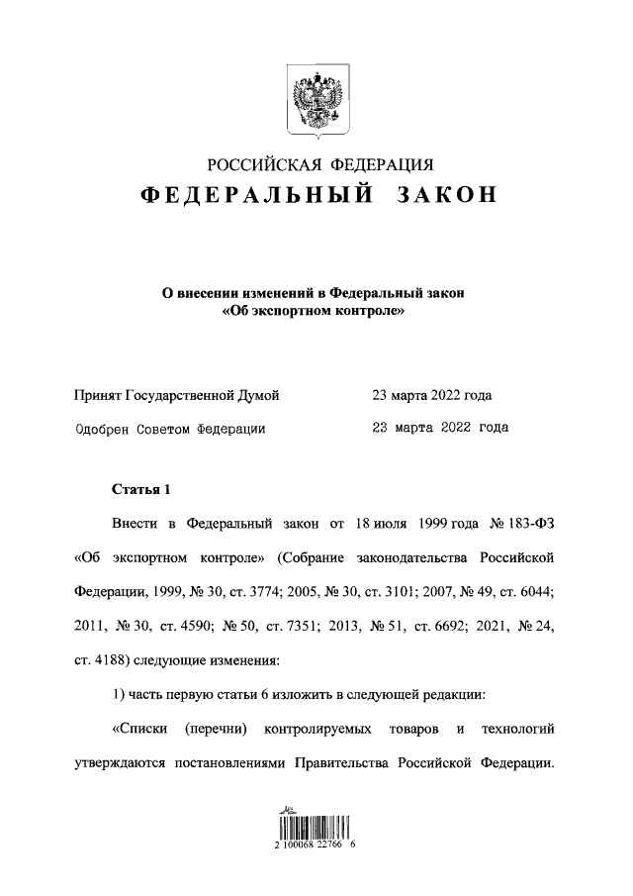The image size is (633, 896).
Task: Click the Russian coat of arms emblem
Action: pos(316,99)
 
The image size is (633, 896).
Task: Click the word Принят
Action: pos(99,396)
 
